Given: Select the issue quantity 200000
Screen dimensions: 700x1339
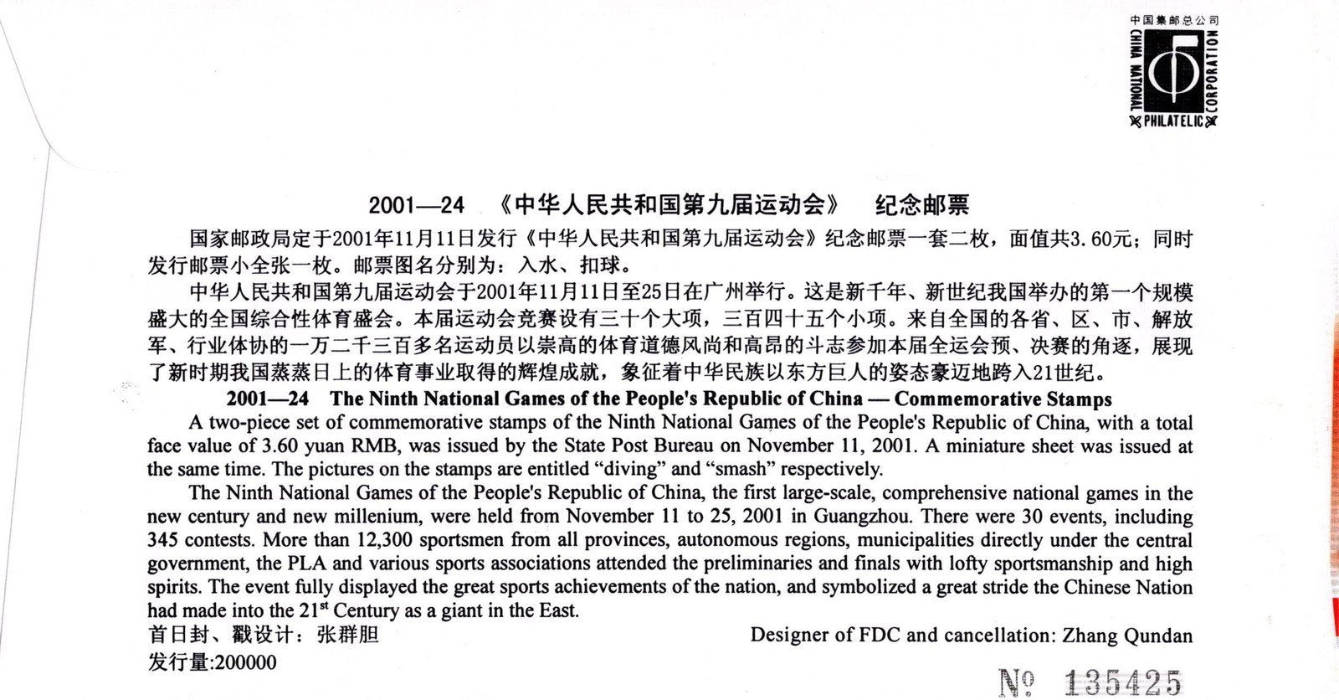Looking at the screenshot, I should (245, 662).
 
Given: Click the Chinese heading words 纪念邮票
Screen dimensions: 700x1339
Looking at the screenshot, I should (921, 205).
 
